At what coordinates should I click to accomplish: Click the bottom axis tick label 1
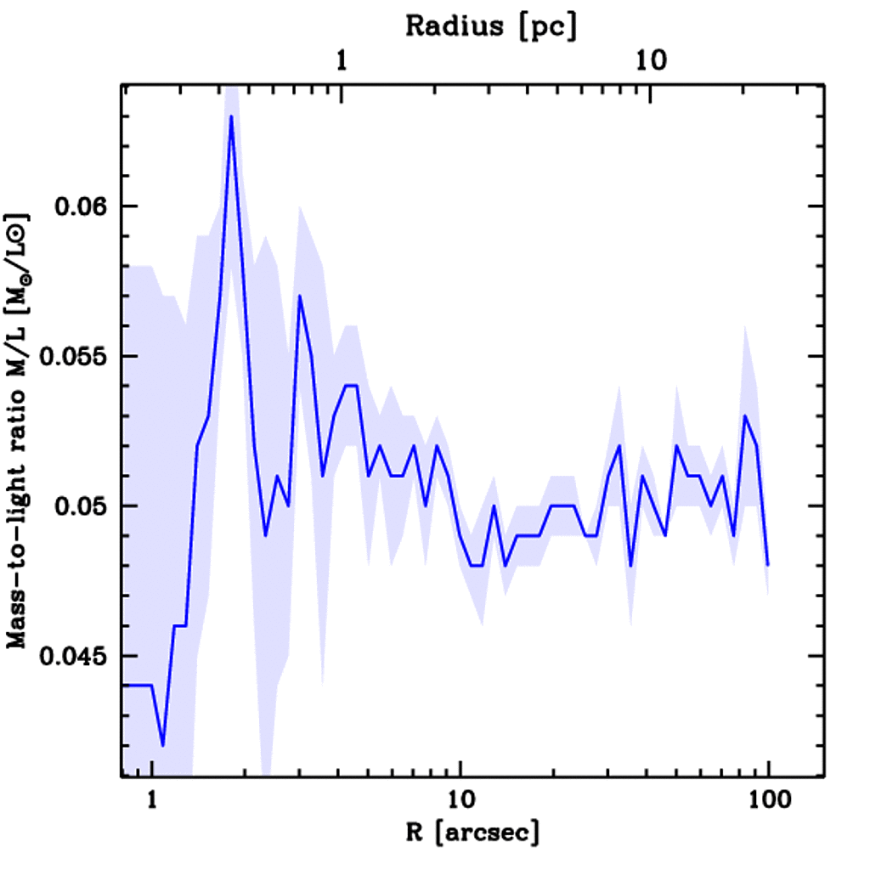(x=152, y=801)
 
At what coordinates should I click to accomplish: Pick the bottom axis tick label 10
(x=460, y=801)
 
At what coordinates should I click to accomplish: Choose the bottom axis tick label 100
(x=768, y=801)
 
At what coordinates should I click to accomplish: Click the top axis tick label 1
(x=342, y=61)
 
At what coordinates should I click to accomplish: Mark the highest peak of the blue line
(x=230, y=116)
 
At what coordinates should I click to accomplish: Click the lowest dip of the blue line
(x=162, y=745)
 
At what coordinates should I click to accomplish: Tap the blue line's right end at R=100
(x=768, y=564)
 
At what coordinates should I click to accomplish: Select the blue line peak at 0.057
(x=300, y=296)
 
